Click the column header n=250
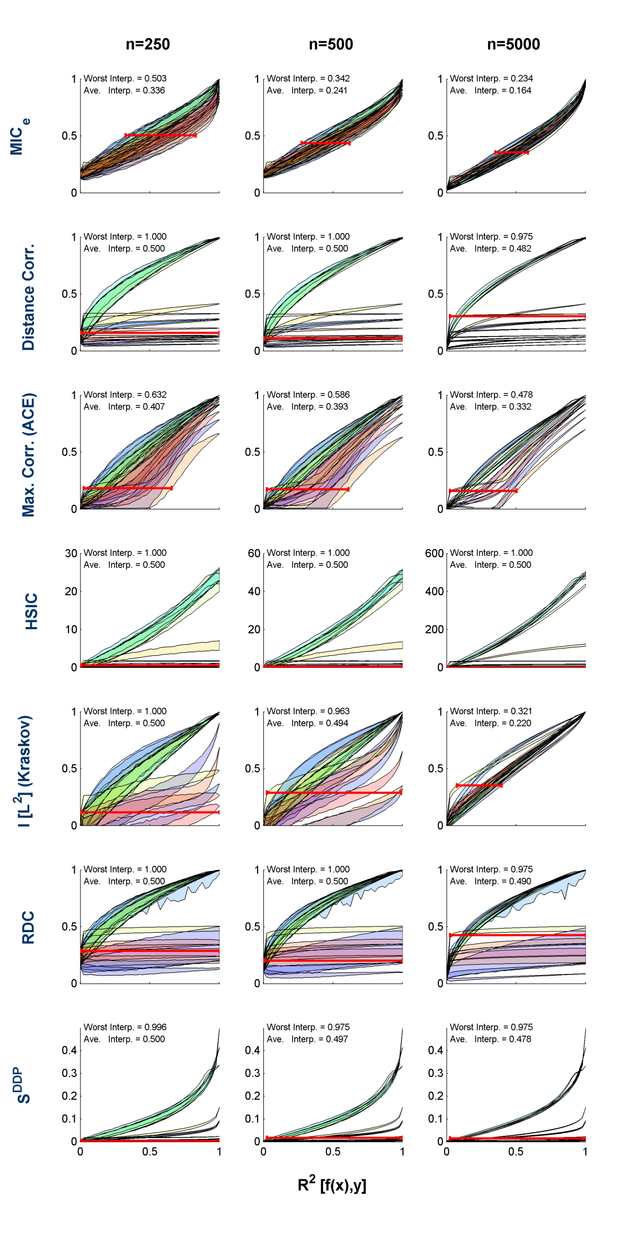coord(148,44)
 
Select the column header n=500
coord(331,44)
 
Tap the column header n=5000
coord(513,44)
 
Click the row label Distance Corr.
coord(28,296)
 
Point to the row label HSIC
coord(31,611)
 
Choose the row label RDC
coord(28,927)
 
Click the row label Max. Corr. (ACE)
coord(28,455)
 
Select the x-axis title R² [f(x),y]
coord(332,1185)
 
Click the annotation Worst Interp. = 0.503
coord(125,78)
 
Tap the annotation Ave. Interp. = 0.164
coord(491,90)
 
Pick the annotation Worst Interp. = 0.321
coord(491,711)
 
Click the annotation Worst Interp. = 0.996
coord(125,1027)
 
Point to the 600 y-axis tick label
coord(434,553)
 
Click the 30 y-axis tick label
coord(72,553)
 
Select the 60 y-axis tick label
coord(254,553)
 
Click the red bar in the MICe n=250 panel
coord(160,135)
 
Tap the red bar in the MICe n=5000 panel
coord(512,152)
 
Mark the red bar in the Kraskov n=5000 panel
coord(479,785)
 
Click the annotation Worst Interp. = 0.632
coord(125,395)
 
